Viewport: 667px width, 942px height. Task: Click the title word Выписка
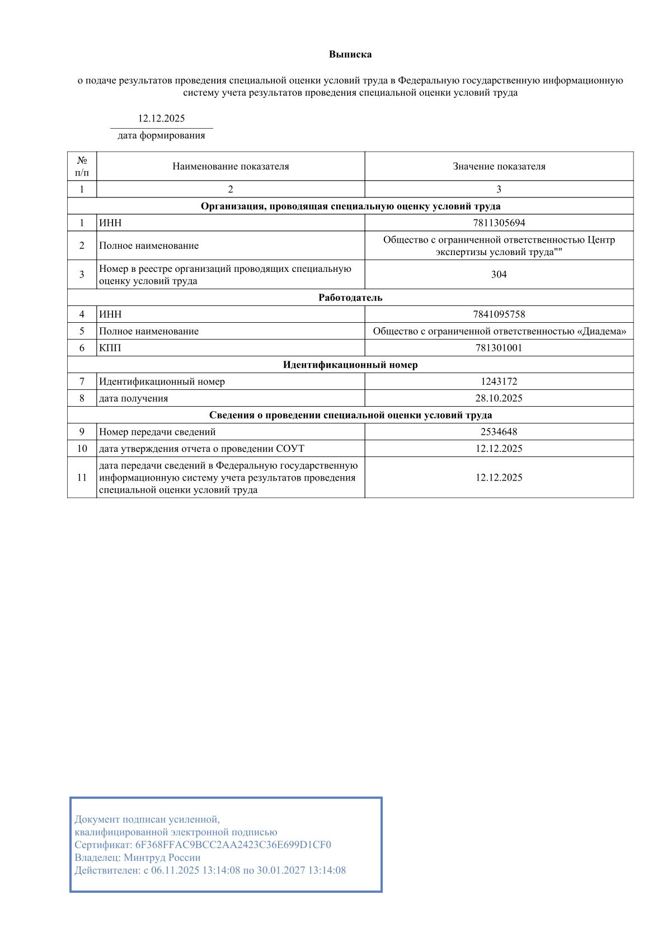click(x=350, y=54)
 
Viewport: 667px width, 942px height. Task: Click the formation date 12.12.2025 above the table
click(x=161, y=118)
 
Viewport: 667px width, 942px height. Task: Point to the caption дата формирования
click(x=161, y=135)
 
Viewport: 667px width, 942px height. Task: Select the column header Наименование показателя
click(x=231, y=166)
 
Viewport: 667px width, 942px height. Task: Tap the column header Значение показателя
click(x=499, y=166)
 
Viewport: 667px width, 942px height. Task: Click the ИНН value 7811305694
click(x=499, y=223)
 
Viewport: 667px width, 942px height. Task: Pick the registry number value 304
click(x=499, y=274)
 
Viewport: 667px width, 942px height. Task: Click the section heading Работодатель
click(x=350, y=298)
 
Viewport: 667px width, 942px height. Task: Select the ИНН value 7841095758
click(x=499, y=314)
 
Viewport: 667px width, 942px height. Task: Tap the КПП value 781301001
click(x=499, y=348)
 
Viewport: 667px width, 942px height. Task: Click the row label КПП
click(x=110, y=348)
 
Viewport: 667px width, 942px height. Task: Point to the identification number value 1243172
click(x=499, y=381)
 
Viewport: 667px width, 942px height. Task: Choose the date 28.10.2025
click(x=499, y=398)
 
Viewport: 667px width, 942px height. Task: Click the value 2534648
click(x=499, y=432)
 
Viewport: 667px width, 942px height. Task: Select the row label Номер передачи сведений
click(x=157, y=432)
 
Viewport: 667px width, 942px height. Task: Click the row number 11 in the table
click(x=82, y=477)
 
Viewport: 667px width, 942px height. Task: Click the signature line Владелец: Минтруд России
click(x=138, y=858)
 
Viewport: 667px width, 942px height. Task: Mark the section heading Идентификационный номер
click(x=350, y=365)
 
